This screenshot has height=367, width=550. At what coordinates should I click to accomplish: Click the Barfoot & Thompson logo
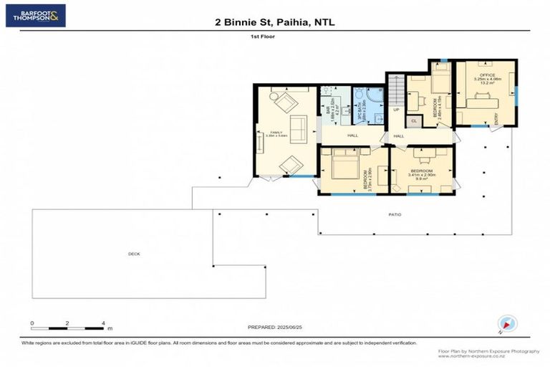35,15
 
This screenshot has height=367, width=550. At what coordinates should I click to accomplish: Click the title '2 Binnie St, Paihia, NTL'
275,22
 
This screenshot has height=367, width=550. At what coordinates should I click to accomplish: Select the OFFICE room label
487,75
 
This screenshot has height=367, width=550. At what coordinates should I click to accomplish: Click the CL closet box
413,121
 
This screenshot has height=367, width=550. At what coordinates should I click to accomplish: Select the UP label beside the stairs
396,110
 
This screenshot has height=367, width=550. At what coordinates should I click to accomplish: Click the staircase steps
396,90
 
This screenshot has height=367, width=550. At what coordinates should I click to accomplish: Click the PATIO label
395,214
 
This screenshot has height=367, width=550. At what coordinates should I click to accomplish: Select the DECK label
133,254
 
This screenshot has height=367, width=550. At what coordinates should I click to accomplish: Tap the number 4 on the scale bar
104,323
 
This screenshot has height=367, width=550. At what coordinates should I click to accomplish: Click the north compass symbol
506,324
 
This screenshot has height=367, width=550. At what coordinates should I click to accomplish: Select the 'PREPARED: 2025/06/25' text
275,327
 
